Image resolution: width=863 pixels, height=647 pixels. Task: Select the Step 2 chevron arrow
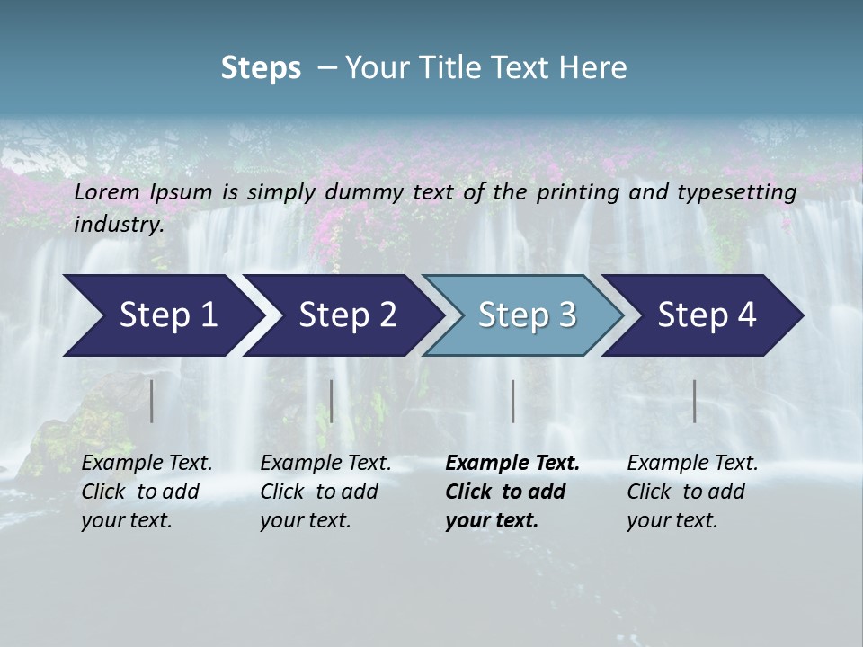[x=346, y=315]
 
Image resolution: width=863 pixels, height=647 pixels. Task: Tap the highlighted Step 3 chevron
[x=526, y=315]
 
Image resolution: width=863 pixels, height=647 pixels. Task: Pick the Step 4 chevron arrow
[x=706, y=315]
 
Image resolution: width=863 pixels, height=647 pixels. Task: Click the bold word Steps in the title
[x=261, y=68]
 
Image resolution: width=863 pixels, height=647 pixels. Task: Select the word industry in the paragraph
[x=119, y=224]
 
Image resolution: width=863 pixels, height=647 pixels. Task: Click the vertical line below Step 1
[x=152, y=401]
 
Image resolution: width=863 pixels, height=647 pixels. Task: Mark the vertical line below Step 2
[x=332, y=401]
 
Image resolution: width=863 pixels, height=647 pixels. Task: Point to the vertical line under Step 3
[x=513, y=401]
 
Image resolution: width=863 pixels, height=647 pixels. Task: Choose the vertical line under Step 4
[x=695, y=401]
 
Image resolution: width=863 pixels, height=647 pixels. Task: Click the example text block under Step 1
[x=147, y=492]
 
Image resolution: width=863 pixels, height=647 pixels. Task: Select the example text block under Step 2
[x=325, y=492]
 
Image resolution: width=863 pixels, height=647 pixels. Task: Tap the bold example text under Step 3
[x=512, y=492]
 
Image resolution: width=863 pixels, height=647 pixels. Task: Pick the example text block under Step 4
[x=692, y=492]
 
